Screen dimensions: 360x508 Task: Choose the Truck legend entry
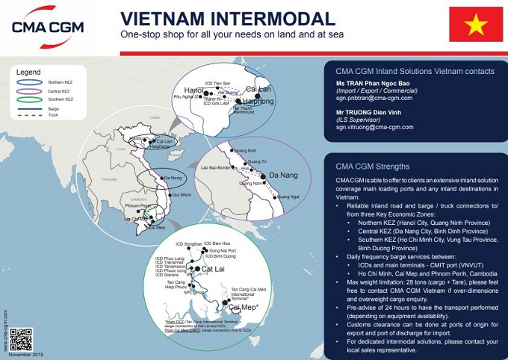pyautogui.click(x=50, y=114)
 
